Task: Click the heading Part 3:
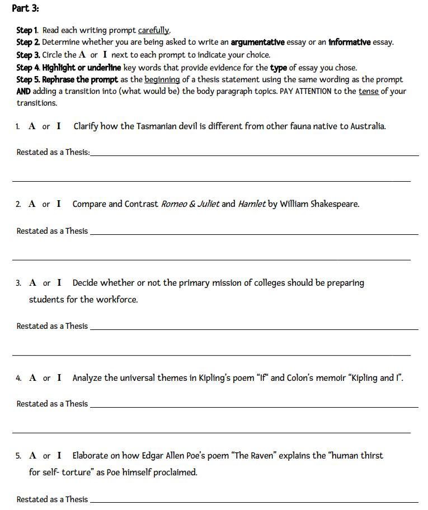click(25, 8)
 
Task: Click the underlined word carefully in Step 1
click(154, 30)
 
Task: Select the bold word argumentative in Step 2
click(257, 42)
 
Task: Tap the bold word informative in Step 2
click(350, 42)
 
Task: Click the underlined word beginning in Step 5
click(162, 79)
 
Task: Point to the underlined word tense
click(368, 91)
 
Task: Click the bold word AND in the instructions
click(23, 91)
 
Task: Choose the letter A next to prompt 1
click(32, 126)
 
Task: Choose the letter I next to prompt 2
click(59, 204)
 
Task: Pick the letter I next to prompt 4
click(59, 378)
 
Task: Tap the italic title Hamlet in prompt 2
click(252, 204)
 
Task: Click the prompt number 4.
click(18, 379)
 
